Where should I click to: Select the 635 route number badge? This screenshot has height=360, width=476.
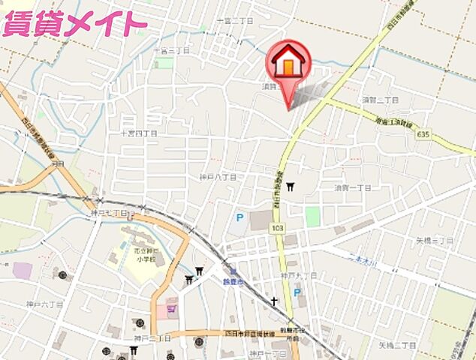click(x=426, y=134)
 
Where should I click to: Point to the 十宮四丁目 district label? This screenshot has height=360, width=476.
click(x=140, y=133)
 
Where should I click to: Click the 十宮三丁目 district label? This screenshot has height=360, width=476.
click(x=170, y=50)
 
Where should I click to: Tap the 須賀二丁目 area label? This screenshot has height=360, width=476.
click(x=379, y=98)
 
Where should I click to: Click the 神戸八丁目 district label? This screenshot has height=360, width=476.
click(x=218, y=177)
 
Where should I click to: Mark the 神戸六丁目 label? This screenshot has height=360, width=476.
click(x=42, y=304)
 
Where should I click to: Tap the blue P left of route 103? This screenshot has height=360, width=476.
click(x=240, y=218)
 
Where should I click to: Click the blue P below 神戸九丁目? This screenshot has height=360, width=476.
click(x=297, y=292)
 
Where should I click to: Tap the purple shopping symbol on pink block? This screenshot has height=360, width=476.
click(x=171, y=304)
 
